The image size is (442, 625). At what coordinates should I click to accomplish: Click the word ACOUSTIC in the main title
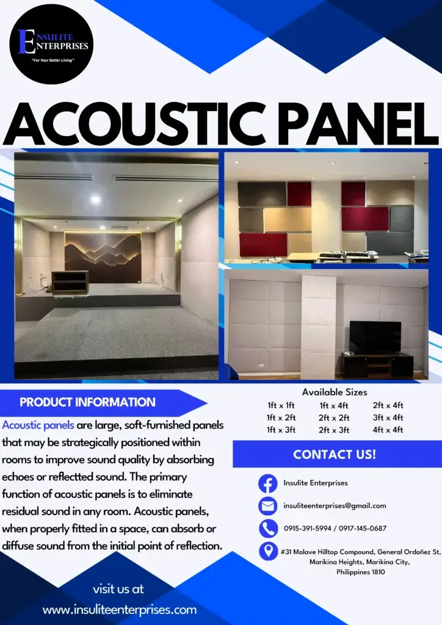click(126, 124)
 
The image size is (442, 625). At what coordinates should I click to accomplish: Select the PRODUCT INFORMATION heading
click(87, 402)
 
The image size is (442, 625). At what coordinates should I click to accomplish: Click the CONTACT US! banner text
click(335, 454)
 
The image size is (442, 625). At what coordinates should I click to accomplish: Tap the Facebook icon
click(268, 483)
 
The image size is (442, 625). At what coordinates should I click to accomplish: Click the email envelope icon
click(268, 506)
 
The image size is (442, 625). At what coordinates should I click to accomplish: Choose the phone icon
click(268, 529)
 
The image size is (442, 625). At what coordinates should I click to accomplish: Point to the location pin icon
click(268, 551)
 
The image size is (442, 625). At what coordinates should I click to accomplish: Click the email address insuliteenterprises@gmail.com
click(335, 506)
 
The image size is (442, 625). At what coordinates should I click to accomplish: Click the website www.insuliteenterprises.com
click(120, 610)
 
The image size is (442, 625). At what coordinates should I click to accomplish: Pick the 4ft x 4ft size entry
click(388, 430)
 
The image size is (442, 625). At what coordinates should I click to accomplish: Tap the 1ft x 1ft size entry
click(281, 405)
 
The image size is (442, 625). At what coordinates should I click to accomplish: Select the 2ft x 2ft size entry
click(334, 417)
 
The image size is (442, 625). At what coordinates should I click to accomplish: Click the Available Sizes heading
click(335, 392)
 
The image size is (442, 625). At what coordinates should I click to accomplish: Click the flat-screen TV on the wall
click(374, 336)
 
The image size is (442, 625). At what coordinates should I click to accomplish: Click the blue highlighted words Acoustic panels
click(38, 425)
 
